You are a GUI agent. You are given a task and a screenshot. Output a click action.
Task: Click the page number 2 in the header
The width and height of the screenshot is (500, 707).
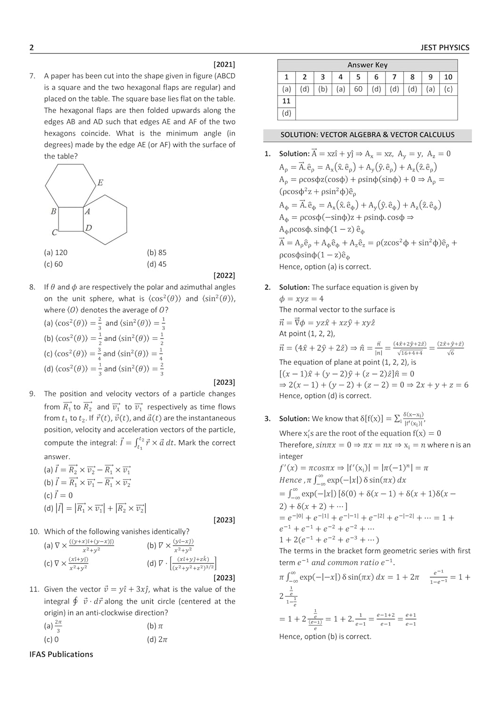click(32, 48)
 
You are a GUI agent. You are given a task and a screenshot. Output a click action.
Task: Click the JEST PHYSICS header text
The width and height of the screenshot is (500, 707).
click(444, 48)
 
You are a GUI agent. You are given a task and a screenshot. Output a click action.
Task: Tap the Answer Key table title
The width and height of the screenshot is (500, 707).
click(367, 65)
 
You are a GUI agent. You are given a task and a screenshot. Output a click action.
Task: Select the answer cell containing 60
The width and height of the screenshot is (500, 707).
click(358, 89)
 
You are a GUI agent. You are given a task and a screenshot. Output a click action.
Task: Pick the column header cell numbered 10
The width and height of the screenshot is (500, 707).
click(448, 77)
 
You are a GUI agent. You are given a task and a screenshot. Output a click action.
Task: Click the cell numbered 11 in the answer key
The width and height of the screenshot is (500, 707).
click(287, 101)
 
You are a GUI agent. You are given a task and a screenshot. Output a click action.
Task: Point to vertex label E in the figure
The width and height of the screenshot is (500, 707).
click(100, 183)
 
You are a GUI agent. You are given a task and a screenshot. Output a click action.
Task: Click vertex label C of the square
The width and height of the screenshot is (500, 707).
click(55, 232)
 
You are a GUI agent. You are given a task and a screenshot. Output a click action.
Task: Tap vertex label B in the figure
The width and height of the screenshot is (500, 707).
click(54, 212)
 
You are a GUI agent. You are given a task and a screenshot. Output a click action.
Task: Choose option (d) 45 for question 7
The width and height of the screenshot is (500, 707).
click(156, 264)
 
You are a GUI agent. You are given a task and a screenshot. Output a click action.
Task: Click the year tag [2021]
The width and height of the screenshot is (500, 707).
click(224, 65)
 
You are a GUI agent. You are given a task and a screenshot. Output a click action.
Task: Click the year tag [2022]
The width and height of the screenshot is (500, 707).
click(224, 275)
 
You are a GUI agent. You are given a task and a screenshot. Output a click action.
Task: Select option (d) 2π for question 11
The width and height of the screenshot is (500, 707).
click(157, 640)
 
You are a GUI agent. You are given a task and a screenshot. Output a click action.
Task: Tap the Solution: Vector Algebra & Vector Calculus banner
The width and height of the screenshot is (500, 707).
click(367, 135)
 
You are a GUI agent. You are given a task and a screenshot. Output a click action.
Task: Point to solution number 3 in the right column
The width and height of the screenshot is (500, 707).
click(267, 419)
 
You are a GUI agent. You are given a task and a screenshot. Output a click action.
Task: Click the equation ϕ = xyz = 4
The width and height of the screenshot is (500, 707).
click(301, 299)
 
